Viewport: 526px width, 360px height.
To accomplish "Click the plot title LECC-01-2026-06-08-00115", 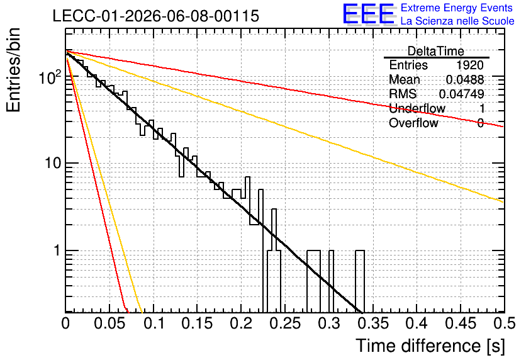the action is point(156,16).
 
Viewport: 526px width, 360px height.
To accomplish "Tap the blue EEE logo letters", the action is point(368,14).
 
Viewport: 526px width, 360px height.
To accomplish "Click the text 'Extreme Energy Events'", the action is point(457,8).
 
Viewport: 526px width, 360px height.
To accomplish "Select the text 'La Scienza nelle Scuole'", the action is point(457,21).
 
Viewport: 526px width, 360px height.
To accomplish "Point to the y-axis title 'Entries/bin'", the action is point(13,70).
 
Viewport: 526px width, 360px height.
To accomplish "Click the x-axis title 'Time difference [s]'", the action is point(430,346).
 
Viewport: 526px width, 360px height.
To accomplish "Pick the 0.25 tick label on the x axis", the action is point(285,323).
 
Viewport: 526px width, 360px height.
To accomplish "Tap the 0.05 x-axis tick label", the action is point(109,323).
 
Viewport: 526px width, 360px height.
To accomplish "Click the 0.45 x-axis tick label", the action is point(461,323).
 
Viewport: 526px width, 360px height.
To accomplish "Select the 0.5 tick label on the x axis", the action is point(503,323).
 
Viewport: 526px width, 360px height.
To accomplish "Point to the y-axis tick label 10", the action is point(53,164).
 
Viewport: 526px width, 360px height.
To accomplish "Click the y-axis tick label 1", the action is point(57,250).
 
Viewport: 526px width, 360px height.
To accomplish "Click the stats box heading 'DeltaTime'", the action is point(436,52).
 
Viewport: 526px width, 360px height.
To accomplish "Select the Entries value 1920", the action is point(469,65).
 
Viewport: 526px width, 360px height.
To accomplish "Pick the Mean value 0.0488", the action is point(465,80).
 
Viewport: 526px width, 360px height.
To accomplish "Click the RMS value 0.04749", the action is point(462,94).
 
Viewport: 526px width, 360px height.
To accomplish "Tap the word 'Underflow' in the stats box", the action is point(417,108).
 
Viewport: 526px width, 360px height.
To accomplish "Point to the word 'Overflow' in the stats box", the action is point(413,123).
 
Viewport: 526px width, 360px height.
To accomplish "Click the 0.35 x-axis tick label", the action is point(373,323).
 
